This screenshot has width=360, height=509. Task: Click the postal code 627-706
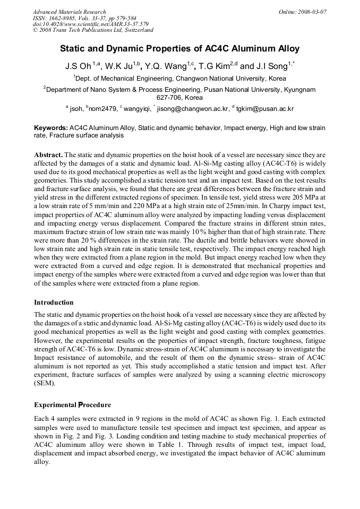[169, 98]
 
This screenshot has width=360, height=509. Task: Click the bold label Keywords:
[51, 128]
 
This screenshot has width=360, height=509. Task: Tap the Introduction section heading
[54, 303]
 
